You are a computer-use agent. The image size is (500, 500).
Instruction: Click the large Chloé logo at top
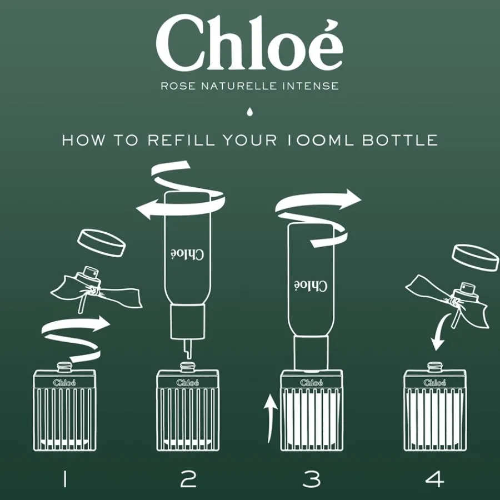[249, 42]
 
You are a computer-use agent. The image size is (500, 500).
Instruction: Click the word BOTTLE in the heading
[400, 141]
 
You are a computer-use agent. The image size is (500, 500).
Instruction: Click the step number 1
[65, 479]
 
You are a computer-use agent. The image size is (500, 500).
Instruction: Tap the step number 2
[188, 479]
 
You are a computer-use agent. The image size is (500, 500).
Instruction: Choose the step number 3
[312, 479]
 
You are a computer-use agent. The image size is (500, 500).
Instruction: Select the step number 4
[434, 479]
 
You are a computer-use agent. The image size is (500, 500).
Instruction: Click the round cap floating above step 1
[102, 243]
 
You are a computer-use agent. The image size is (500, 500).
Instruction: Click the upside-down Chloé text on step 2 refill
[187, 254]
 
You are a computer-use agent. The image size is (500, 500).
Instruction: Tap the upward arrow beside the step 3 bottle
[270, 418]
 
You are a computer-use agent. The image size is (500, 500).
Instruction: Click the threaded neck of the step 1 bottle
[65, 367]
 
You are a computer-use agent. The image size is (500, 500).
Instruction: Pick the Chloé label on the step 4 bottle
[434, 382]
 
